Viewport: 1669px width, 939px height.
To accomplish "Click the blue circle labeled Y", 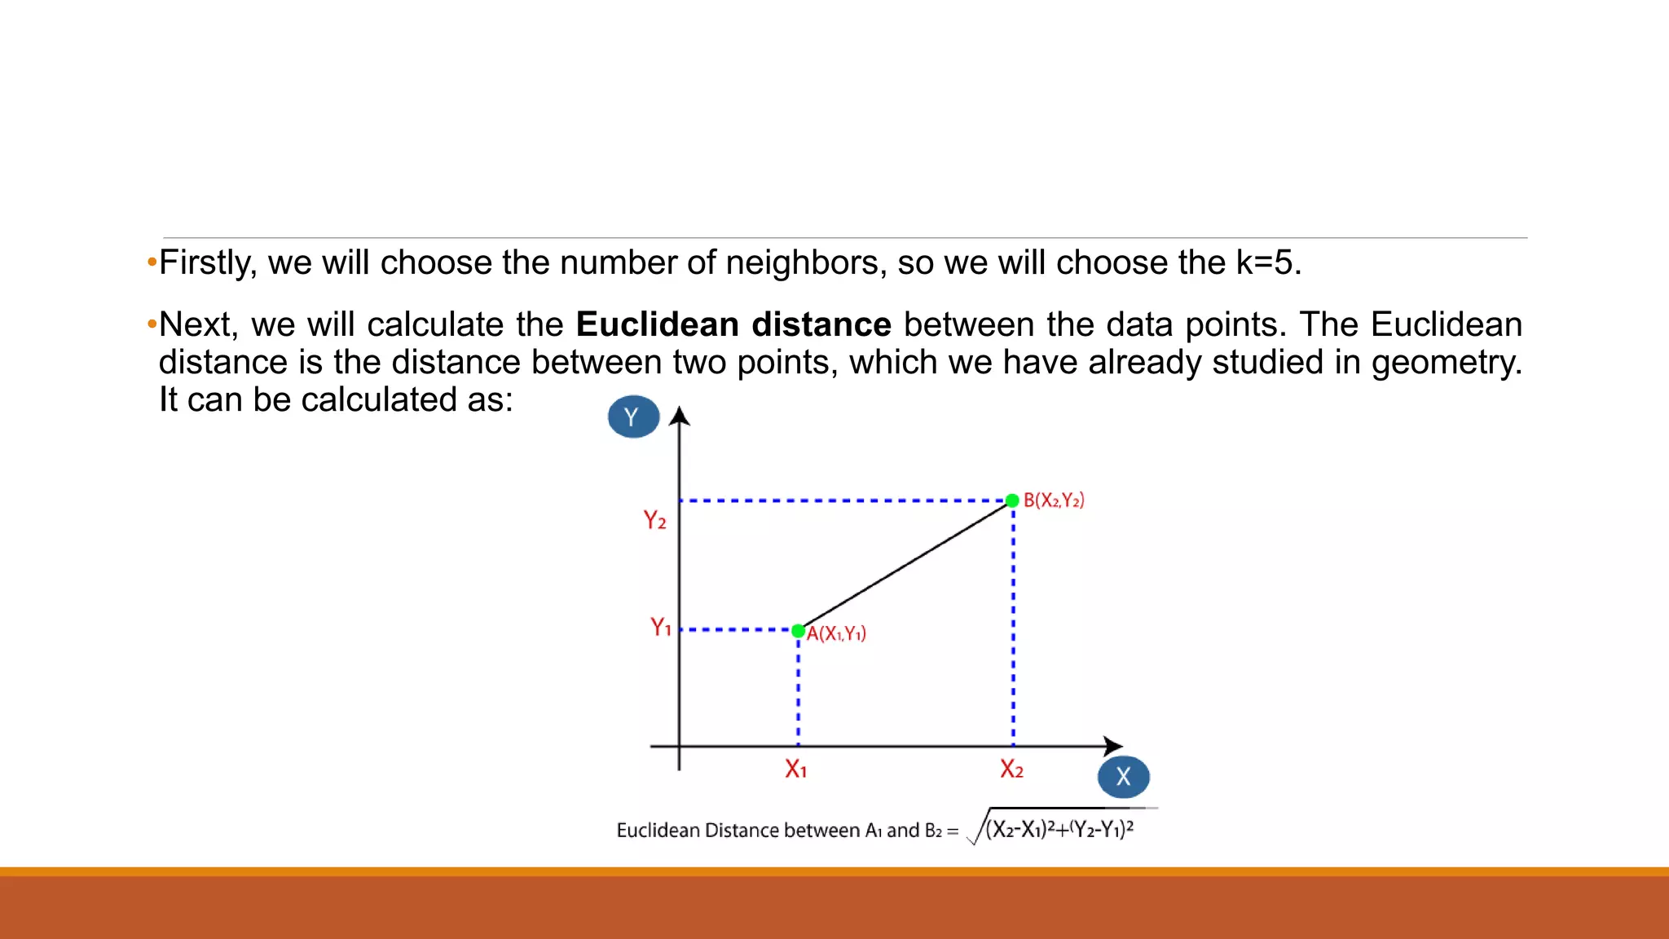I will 633,417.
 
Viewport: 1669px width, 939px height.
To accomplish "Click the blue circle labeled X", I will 1123,777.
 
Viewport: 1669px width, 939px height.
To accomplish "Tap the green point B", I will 1012,500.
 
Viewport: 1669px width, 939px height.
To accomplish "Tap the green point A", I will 799,631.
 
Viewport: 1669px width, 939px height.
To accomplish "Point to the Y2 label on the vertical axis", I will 654,520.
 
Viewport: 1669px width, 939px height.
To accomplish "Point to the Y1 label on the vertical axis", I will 660,627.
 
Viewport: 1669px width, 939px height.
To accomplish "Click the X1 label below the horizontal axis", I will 795,769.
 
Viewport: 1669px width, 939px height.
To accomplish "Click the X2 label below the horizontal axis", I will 1011,769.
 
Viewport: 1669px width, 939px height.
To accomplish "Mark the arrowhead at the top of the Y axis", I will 680,417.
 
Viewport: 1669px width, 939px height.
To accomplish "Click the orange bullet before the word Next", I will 152,324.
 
